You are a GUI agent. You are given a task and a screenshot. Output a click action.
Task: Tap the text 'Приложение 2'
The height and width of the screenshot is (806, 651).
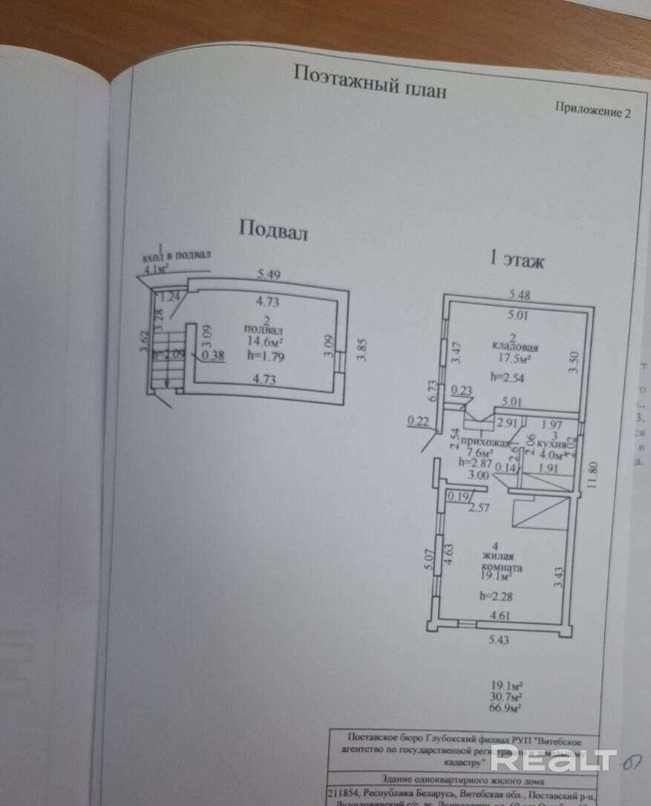click(x=592, y=110)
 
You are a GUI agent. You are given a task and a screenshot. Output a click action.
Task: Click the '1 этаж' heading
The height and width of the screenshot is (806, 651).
click(x=516, y=260)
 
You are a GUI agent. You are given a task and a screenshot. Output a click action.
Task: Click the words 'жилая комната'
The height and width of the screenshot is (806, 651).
click(x=502, y=561)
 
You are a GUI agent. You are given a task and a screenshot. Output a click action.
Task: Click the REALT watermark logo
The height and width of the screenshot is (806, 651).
click(x=554, y=759)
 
